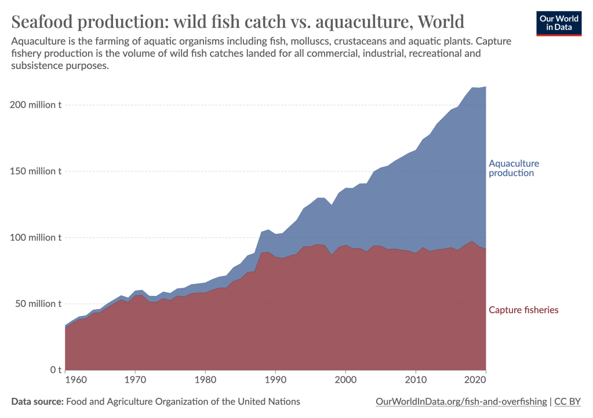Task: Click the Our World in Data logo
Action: click(559, 23)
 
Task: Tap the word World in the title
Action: click(441, 22)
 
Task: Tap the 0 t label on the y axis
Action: click(56, 369)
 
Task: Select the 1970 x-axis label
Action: click(135, 380)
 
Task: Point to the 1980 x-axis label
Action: click(205, 380)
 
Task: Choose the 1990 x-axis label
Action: click(275, 380)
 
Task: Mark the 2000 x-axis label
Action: click(345, 380)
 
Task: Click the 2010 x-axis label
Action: click(416, 380)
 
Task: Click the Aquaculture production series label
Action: click(514, 168)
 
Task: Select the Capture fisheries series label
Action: click(523, 310)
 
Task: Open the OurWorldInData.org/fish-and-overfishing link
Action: click(461, 401)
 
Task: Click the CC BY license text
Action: click(568, 401)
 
